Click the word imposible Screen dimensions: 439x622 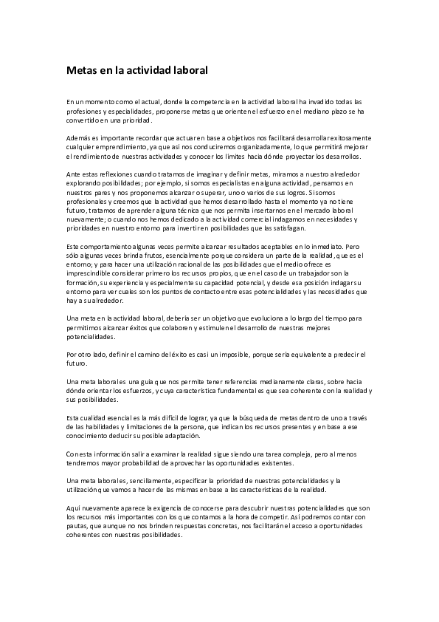pyautogui.click(x=266, y=354)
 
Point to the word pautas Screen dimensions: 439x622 pyautogui.click(x=76, y=526)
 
